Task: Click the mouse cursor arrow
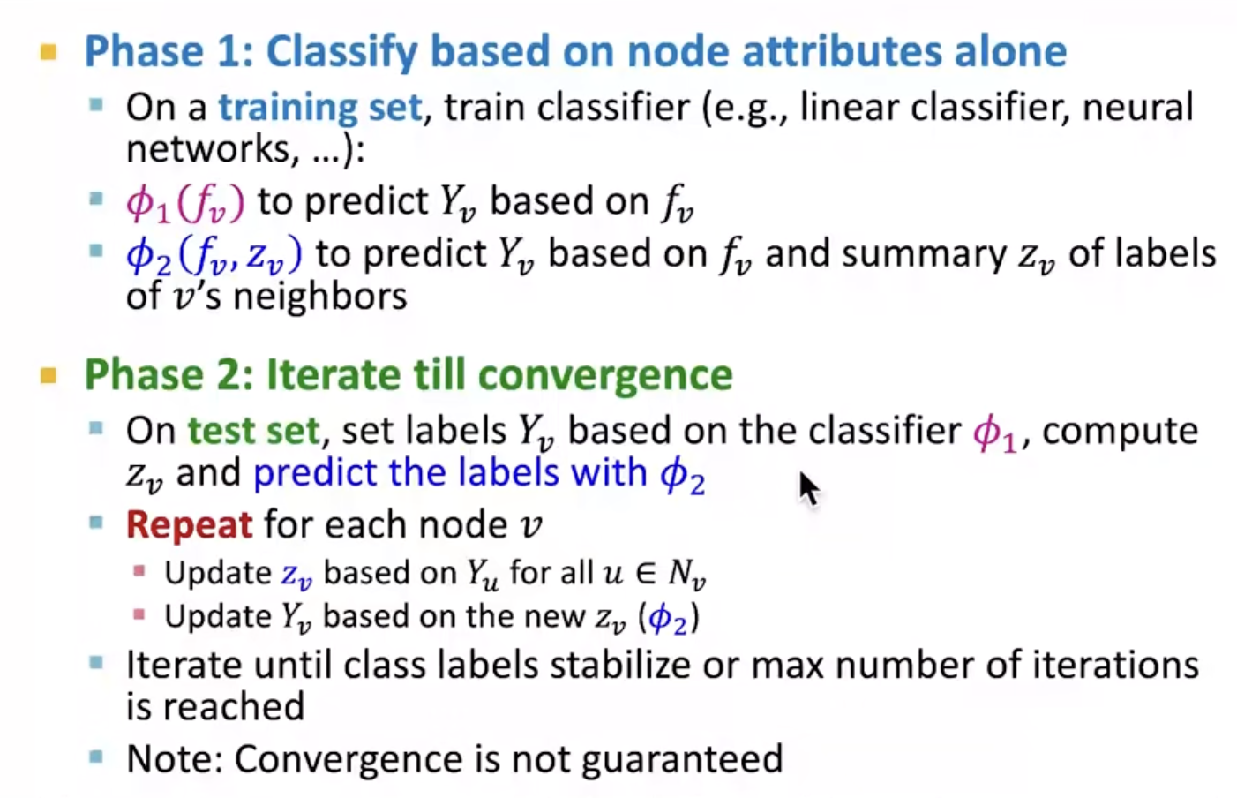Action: pyautogui.click(x=808, y=490)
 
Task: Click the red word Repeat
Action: pyautogui.click(x=190, y=525)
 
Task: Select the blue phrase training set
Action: pyautogui.click(x=320, y=107)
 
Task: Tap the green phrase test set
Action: pyautogui.click(x=253, y=430)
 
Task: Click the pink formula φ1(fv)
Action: pyautogui.click(x=185, y=203)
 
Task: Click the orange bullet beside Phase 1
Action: pyautogui.click(x=49, y=52)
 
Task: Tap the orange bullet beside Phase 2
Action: pyautogui.click(x=49, y=376)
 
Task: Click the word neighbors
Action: pyautogui.click(x=320, y=297)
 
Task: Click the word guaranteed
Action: pyautogui.click(x=683, y=760)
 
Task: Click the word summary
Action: pyautogui.click(x=925, y=255)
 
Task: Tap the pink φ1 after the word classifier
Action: pyautogui.click(x=994, y=433)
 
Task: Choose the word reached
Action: pyautogui.click(x=234, y=707)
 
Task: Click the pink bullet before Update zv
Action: pyautogui.click(x=139, y=571)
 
